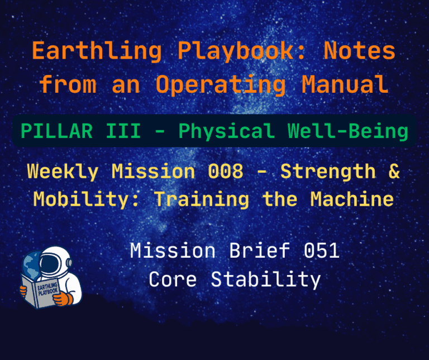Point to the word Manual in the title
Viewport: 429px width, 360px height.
tap(345, 84)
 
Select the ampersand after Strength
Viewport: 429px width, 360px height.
tap(394, 172)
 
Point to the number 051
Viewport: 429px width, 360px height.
tap(321, 251)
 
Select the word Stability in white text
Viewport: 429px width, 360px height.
tap(265, 279)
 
